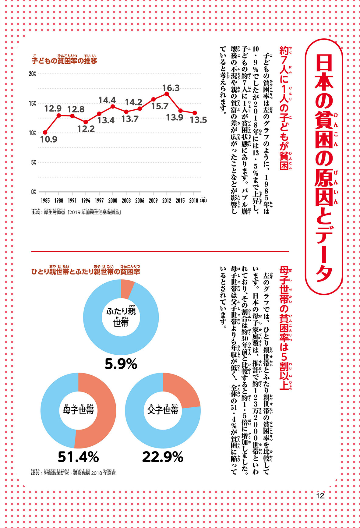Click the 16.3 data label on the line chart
(x=171, y=88)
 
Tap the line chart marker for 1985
(x=45, y=132)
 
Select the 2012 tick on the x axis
(x=167, y=200)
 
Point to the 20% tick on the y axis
(x=32, y=74)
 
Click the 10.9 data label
(x=49, y=140)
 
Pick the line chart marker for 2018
(x=195, y=113)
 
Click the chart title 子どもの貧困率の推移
(x=64, y=61)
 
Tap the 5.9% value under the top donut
(x=121, y=364)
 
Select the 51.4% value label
(x=78, y=457)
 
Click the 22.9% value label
(x=163, y=457)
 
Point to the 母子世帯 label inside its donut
(x=78, y=410)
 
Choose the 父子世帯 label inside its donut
(x=163, y=410)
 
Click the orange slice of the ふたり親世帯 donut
(x=127, y=289)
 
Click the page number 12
(x=320, y=496)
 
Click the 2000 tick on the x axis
(x=113, y=200)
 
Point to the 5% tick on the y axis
(x=33, y=162)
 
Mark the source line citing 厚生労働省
(x=76, y=212)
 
